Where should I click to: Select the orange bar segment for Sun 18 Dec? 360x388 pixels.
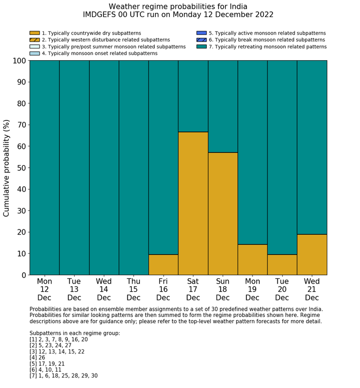[x=223, y=214]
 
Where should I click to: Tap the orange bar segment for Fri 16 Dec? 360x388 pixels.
[x=163, y=264]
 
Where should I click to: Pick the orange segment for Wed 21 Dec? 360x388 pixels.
[x=312, y=255]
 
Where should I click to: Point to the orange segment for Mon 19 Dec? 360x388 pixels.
[x=253, y=259]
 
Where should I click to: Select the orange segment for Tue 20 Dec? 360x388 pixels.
[x=282, y=264]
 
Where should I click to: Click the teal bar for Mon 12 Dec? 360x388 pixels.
[x=44, y=167]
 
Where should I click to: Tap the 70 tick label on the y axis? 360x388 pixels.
[x=20, y=125]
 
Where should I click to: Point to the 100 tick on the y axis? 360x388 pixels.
[x=18, y=61]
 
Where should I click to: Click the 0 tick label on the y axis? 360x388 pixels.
[x=23, y=275]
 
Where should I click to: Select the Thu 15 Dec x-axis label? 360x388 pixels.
[x=134, y=289]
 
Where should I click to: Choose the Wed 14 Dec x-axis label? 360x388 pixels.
[x=104, y=289]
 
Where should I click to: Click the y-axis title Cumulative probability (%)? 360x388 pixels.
[x=7, y=168]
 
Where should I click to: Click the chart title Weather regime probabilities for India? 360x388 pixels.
[x=178, y=7]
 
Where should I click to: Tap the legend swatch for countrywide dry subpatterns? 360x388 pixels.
[x=34, y=33]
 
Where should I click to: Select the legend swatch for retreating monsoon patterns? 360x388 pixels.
[x=201, y=46]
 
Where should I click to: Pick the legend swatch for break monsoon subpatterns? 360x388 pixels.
[x=201, y=40]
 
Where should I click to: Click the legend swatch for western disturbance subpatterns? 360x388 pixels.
[x=34, y=40]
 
